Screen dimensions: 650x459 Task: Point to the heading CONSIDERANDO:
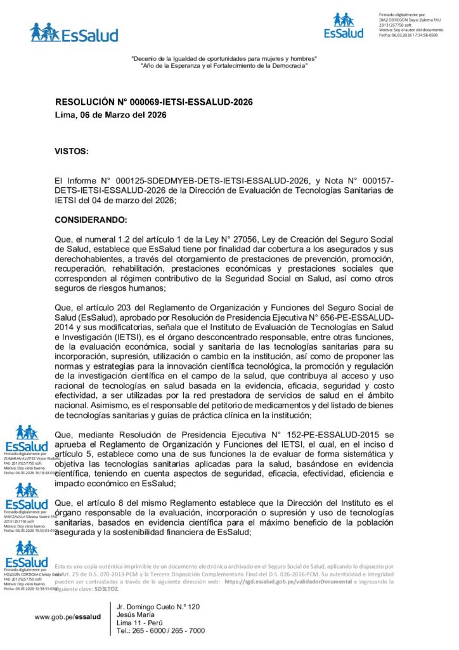coord(91,220)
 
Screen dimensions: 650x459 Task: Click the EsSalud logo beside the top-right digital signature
coord(344,25)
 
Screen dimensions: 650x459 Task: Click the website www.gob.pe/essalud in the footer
coord(68,616)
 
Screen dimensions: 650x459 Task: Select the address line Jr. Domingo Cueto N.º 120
coord(158,607)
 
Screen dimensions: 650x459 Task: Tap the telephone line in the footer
coord(161,631)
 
